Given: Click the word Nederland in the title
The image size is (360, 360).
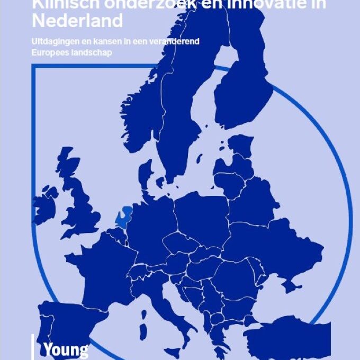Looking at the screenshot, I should point(77,21).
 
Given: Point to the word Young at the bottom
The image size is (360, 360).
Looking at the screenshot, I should point(66,350).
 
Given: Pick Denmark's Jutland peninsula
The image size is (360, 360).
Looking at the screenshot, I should point(145,175).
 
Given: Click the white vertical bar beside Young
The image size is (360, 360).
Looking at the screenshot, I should point(33,347).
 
